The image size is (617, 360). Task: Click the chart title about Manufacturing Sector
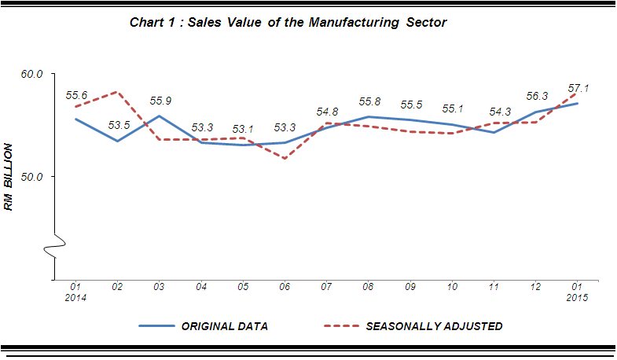point(288,23)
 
